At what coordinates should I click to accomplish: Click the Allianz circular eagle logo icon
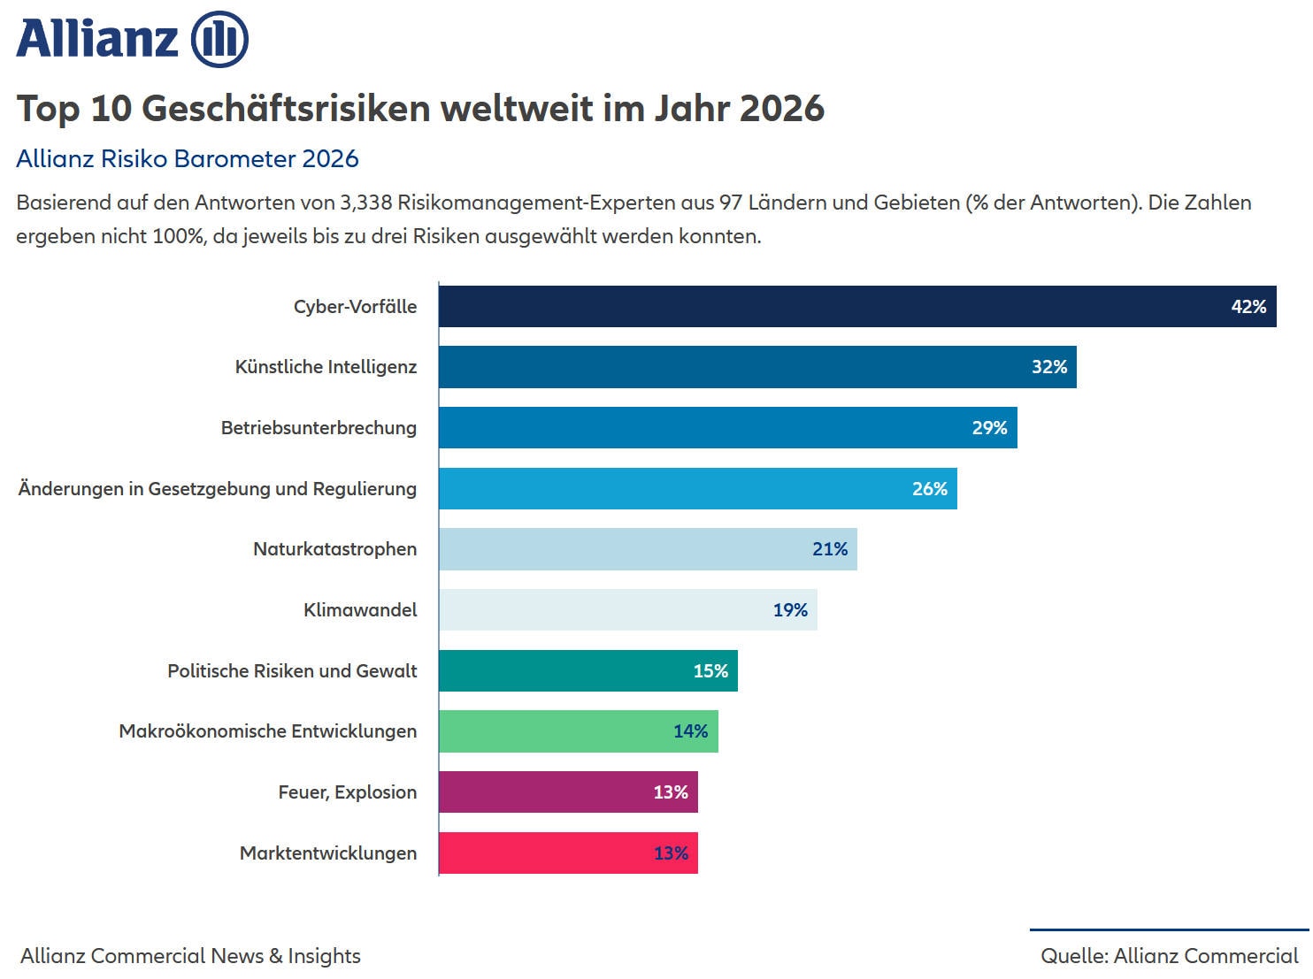click(219, 40)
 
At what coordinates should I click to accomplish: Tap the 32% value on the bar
click(1049, 367)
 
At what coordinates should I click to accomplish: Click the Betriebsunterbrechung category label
click(319, 428)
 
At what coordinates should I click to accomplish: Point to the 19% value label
click(790, 610)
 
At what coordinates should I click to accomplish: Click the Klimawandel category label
click(360, 610)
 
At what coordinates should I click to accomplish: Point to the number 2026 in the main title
click(782, 109)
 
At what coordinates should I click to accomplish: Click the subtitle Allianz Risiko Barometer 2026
click(188, 159)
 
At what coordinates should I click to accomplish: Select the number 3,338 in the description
click(365, 203)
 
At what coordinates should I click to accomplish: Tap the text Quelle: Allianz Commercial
click(1169, 956)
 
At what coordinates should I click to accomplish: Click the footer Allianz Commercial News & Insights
click(190, 956)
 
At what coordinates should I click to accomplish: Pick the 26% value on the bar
click(930, 489)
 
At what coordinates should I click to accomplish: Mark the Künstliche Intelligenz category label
click(326, 367)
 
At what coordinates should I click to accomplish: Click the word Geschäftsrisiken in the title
click(287, 109)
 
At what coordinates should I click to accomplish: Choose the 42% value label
click(1248, 307)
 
